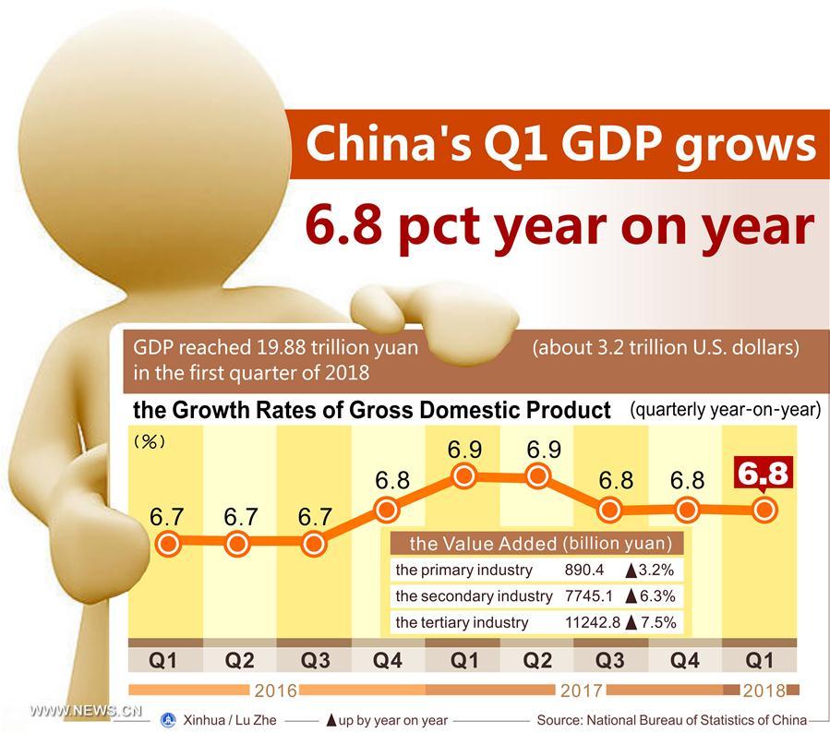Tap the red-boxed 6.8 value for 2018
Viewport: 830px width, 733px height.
click(x=764, y=474)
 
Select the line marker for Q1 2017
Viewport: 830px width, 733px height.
click(x=463, y=476)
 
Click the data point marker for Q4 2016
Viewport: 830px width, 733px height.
click(x=387, y=508)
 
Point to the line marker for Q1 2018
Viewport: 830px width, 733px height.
click(x=763, y=509)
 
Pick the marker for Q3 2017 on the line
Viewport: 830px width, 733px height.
click(x=612, y=509)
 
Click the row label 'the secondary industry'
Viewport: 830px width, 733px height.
click(x=474, y=596)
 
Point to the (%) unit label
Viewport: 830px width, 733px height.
click(x=150, y=442)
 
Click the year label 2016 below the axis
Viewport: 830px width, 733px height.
click(x=275, y=690)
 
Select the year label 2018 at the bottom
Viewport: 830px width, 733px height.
click(x=763, y=690)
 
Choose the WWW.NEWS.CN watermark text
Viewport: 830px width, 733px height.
click(x=84, y=711)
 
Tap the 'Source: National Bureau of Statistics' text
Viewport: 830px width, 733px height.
click(x=671, y=719)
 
